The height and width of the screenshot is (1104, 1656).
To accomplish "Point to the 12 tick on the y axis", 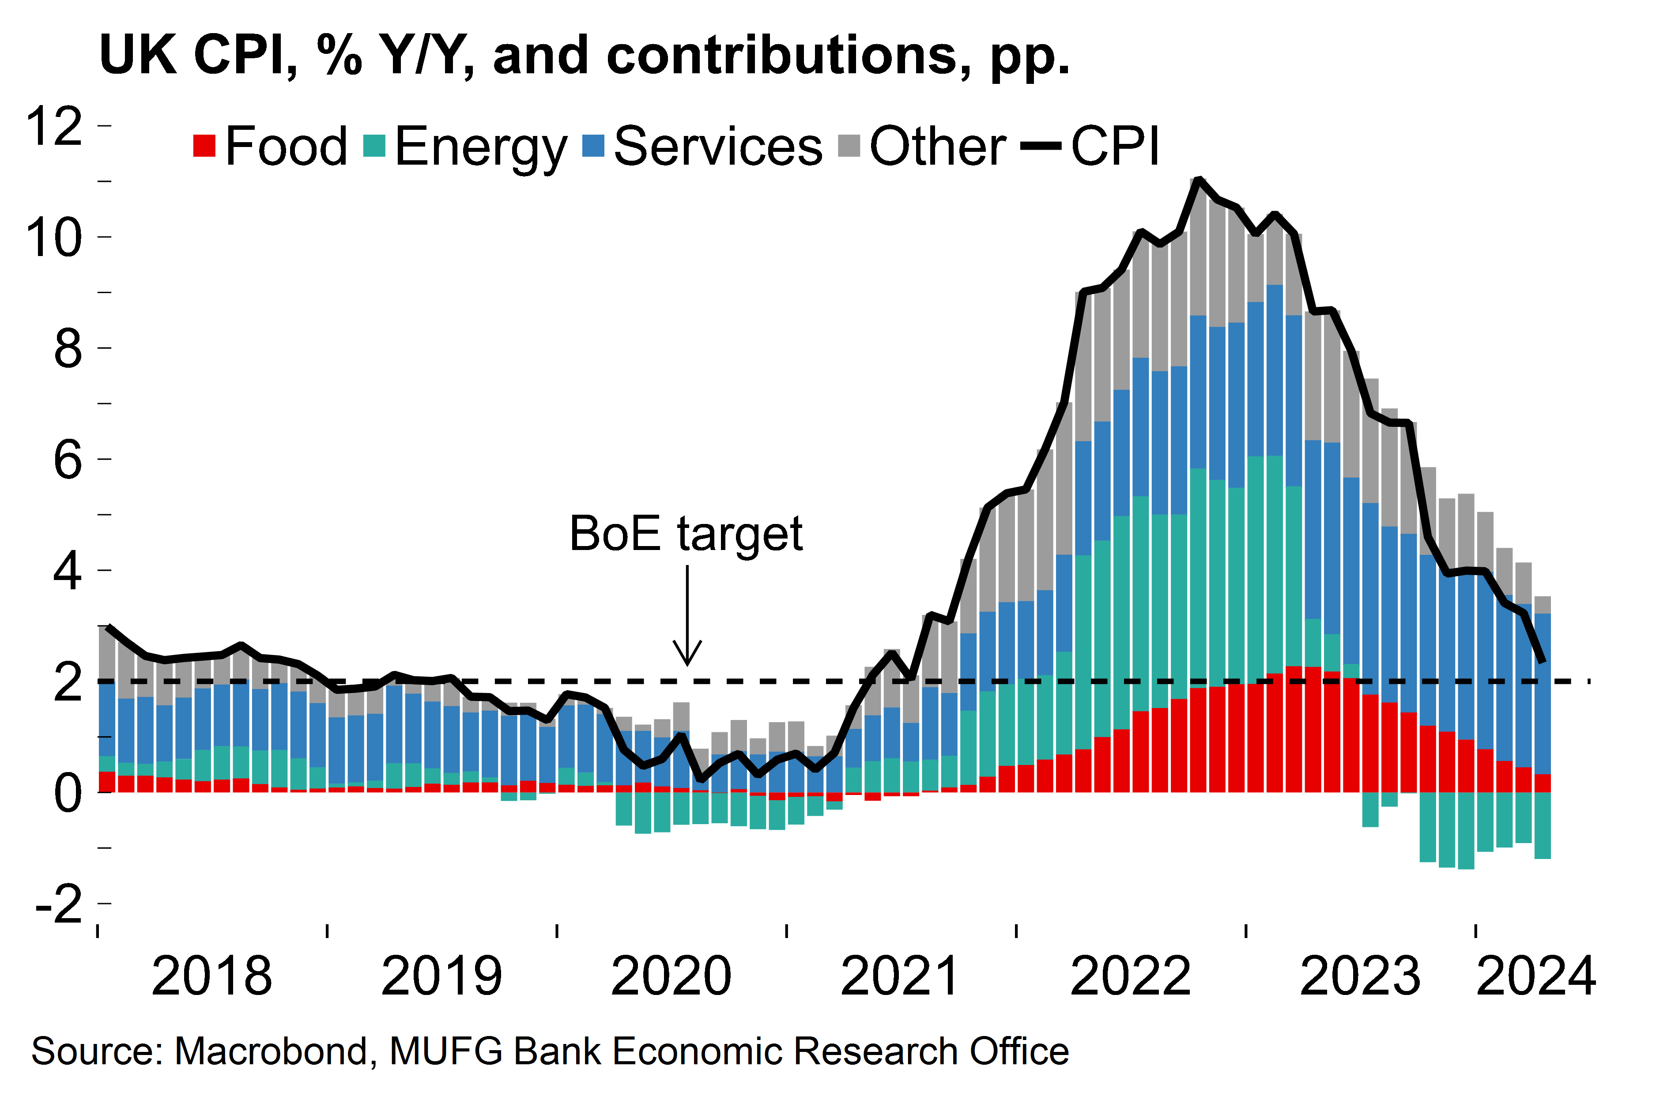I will (x=54, y=126).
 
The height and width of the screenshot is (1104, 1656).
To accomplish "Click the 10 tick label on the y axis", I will (x=54, y=237).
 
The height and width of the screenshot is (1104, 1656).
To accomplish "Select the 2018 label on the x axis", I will (x=211, y=976).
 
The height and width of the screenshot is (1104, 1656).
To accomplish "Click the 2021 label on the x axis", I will (x=901, y=976).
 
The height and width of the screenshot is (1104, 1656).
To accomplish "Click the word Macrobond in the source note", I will (x=271, y=1052).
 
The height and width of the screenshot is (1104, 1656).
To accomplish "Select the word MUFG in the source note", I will (x=446, y=1052).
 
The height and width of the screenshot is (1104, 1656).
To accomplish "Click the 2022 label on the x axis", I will (x=1130, y=976).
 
